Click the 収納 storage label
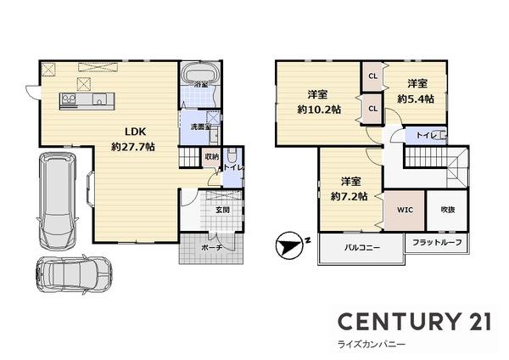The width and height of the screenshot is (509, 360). [x=211, y=156]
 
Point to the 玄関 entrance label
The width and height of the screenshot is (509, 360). [x=222, y=209]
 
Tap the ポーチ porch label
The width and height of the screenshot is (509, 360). [x=211, y=247]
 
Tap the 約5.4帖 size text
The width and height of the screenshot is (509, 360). [x=416, y=98]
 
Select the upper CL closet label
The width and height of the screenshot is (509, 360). [x=372, y=76]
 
